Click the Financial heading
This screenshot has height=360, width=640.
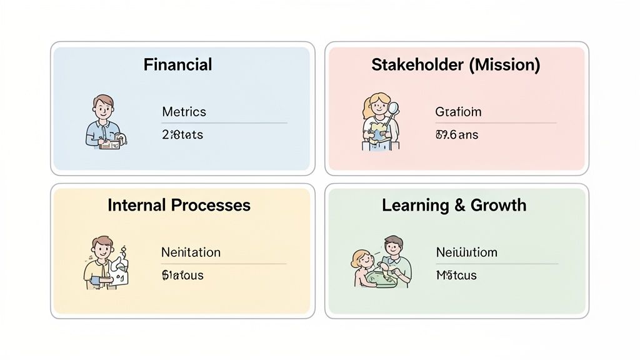tap(177, 64)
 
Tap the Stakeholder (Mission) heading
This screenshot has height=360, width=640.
tap(456, 64)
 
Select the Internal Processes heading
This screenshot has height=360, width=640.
tap(179, 205)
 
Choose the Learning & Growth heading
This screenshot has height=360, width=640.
tap(454, 205)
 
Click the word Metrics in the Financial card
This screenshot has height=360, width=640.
tap(184, 112)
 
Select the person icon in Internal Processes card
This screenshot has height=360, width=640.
tap(104, 262)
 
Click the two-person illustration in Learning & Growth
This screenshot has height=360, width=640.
tap(382, 262)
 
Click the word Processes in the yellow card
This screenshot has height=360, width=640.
tap(214, 205)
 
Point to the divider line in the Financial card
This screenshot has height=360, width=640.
tap(224, 123)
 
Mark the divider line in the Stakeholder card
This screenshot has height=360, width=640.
tap(495, 123)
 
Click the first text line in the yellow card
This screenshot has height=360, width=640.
tap(191, 252)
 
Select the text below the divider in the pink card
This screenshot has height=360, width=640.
tap(456, 134)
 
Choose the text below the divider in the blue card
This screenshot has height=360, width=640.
tap(182, 134)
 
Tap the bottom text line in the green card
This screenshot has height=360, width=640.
tap(456, 275)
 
